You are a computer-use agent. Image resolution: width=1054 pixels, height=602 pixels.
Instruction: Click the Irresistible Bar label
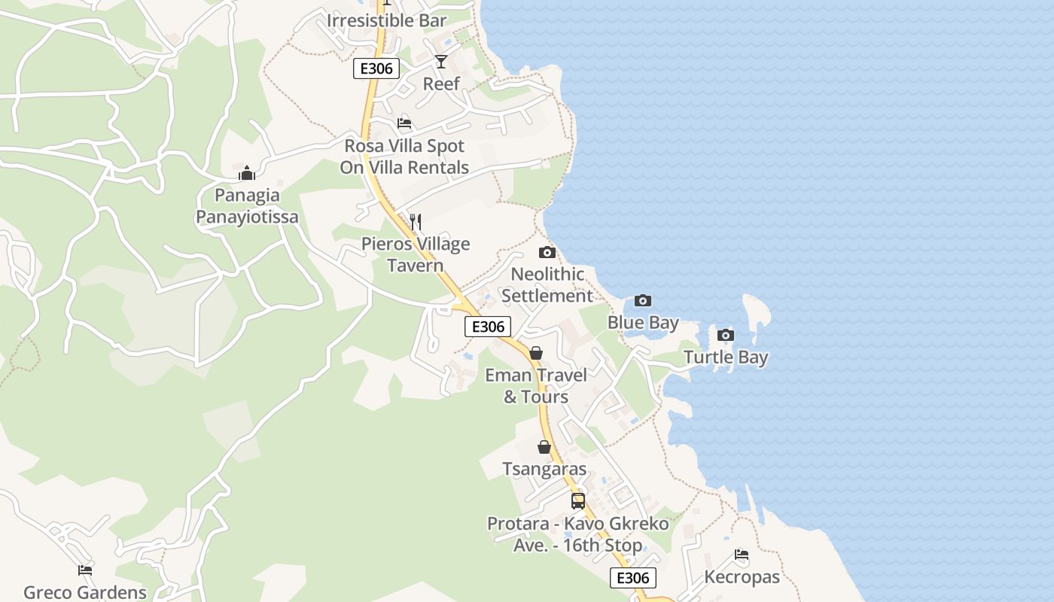point(386,20)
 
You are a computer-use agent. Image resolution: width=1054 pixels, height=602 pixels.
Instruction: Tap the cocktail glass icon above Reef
point(441,61)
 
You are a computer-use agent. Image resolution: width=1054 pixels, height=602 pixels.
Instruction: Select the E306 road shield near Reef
point(376,68)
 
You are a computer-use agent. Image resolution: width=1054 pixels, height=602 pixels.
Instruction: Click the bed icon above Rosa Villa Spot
point(404,123)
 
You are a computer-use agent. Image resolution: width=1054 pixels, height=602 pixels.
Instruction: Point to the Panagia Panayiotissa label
point(247,206)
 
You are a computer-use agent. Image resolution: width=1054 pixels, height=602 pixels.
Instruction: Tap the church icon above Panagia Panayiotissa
point(247,174)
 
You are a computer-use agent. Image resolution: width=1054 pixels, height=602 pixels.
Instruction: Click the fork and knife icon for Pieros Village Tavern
point(416,221)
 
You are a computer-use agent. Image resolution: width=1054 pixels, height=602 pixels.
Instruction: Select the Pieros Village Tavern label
point(416,254)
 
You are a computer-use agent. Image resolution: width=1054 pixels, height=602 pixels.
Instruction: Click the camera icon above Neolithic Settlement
point(547,252)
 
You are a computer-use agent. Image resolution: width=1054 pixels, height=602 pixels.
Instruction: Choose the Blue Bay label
point(643,323)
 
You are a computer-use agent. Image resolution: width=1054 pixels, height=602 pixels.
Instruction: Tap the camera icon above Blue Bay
point(643,301)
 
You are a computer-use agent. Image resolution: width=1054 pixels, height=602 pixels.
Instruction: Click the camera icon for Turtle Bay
point(726,335)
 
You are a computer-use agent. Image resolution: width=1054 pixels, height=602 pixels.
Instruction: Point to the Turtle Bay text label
point(726,357)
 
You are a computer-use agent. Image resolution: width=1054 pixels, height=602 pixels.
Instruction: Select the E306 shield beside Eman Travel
point(488,327)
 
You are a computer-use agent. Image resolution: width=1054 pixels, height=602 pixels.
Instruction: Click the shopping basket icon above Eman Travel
point(536,353)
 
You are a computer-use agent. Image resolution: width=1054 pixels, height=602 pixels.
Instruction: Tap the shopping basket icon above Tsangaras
point(544,447)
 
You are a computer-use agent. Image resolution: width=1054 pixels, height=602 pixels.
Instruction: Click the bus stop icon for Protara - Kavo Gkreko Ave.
point(578,500)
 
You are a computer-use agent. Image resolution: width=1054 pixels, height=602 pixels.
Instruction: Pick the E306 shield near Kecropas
point(632,577)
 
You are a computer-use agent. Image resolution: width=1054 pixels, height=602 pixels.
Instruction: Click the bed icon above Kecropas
point(742,555)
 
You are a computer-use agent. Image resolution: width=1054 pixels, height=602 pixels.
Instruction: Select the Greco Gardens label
point(85,592)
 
